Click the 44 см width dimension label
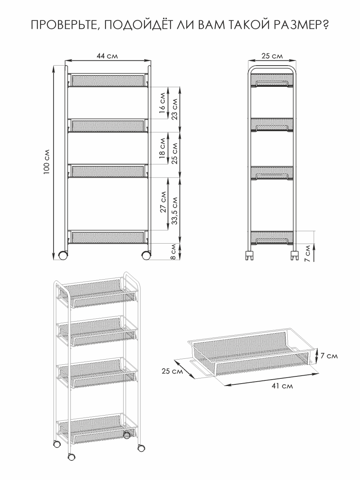pos(107,56)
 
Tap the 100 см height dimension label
pos(46,162)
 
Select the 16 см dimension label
pos(162,103)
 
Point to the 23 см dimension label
pos(175,109)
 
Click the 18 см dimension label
pos(162,148)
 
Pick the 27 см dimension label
pos(163,202)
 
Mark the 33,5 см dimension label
pos(175,211)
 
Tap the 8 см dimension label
pos(173,252)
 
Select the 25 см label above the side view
pos(272,56)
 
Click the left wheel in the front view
pos(63,255)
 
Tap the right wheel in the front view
pos(146,255)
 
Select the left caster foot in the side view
pos(249,256)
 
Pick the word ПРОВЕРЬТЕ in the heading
pos(63,25)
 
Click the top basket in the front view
pos(108,80)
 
